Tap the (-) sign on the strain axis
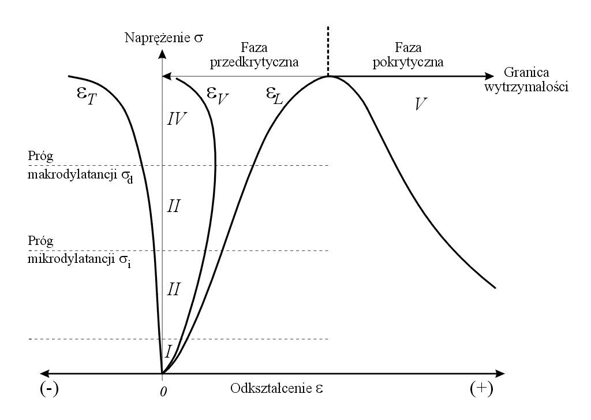pos(49,389)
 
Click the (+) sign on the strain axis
pos(481,389)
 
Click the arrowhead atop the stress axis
pos(163,54)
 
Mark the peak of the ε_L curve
pos(328,77)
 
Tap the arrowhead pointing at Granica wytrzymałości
pos(491,76)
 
